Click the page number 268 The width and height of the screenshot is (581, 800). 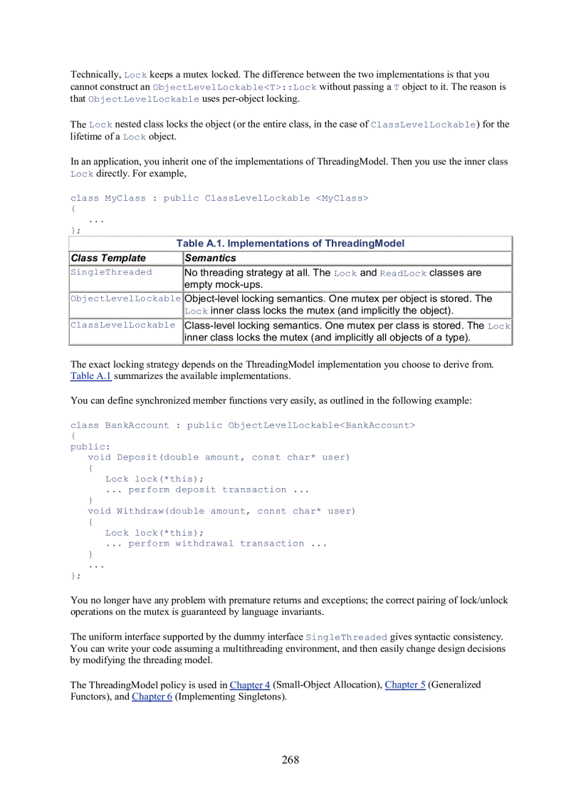click(x=290, y=759)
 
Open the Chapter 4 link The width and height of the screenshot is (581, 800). click(x=249, y=685)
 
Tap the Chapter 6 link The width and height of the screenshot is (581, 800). click(x=152, y=697)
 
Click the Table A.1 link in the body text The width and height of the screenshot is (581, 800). click(x=90, y=375)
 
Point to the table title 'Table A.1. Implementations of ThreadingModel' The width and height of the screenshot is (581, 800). click(x=290, y=244)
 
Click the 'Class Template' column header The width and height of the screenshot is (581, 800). click(x=108, y=258)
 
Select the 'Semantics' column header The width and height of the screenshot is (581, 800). click(x=210, y=258)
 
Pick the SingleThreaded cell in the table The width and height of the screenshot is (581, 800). click(x=111, y=272)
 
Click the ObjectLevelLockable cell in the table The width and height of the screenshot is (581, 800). click(x=125, y=298)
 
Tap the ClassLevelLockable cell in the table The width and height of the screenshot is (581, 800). click(x=122, y=325)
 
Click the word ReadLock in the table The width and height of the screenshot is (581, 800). click(x=403, y=273)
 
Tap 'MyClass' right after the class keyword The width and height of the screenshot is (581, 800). click(x=125, y=198)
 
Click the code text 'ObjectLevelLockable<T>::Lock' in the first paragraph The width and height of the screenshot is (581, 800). click(x=235, y=87)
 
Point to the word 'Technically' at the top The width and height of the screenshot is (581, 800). click(x=95, y=75)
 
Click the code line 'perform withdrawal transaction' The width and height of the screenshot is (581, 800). click(x=216, y=544)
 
